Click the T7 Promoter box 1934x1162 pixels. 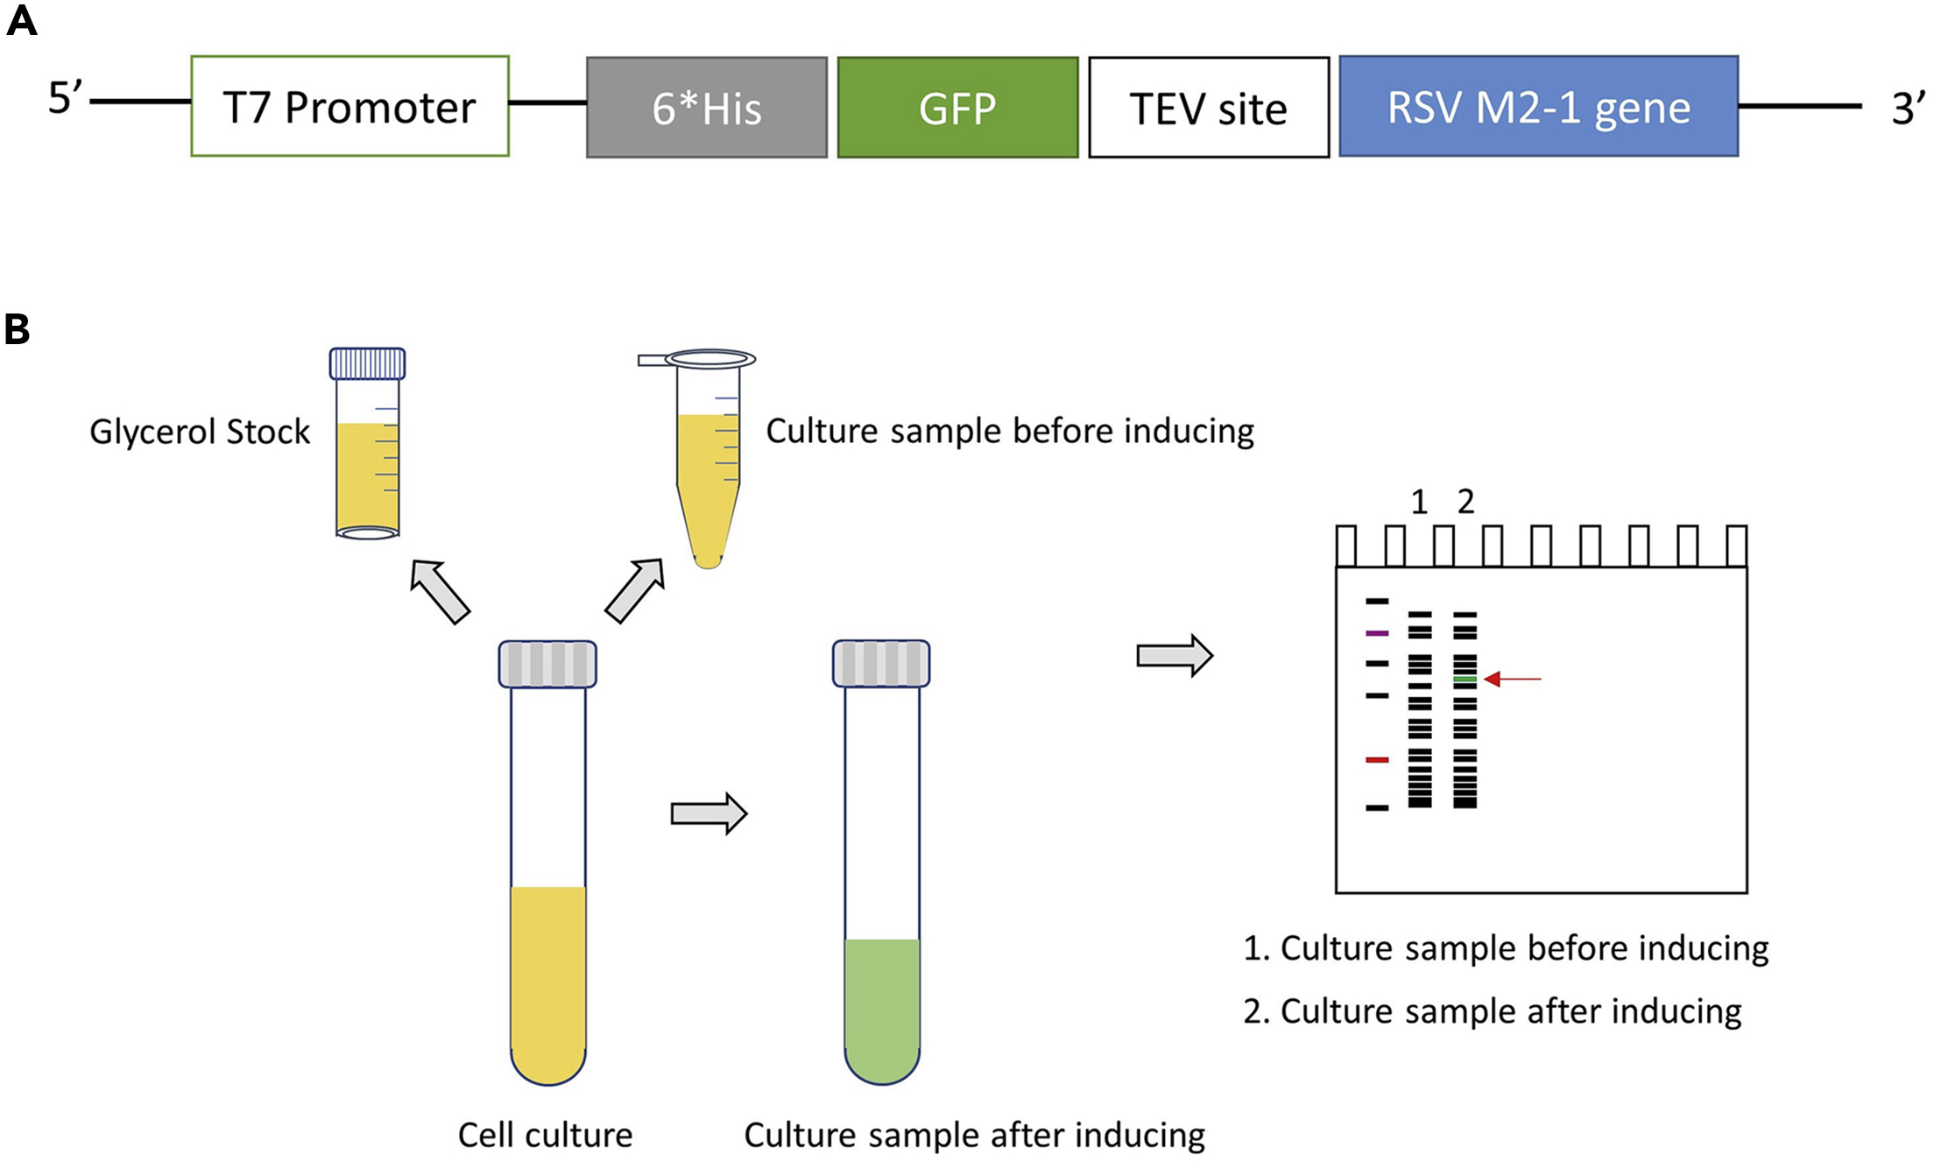coord(349,106)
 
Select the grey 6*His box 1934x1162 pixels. coord(706,108)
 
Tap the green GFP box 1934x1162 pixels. coord(957,108)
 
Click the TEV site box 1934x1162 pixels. coord(1209,108)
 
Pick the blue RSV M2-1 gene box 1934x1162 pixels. coord(1538,106)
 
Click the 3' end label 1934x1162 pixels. coord(1908,109)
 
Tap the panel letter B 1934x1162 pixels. coord(17,330)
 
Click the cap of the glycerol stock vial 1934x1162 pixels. coord(367,363)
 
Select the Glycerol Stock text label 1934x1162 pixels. coord(200,432)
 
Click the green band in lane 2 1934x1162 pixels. coord(1465,680)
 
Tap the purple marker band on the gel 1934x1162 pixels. coord(1377,632)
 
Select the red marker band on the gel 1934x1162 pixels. coord(1377,759)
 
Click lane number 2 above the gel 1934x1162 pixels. coord(1465,502)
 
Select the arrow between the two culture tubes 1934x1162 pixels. coord(709,813)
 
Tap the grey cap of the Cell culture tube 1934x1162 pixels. coord(547,664)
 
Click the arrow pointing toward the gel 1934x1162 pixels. coord(1174,655)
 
